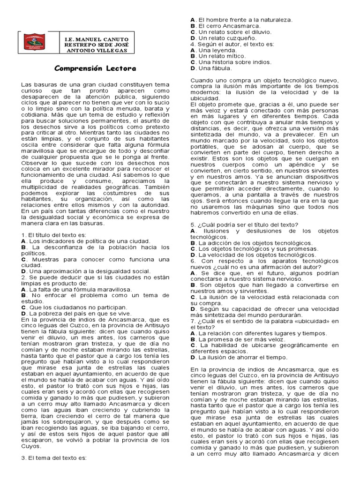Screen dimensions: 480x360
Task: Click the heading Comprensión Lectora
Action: (x=95, y=68)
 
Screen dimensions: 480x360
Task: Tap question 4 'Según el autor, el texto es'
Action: (x=232, y=44)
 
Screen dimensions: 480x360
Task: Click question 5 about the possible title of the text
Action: (x=251, y=225)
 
